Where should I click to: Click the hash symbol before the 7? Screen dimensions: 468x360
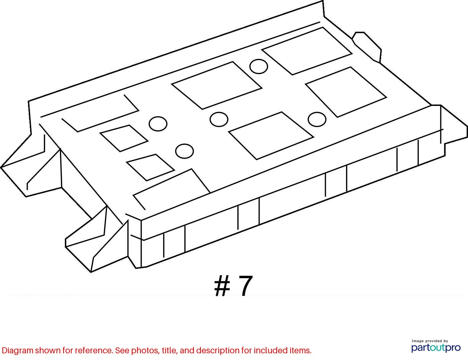222,286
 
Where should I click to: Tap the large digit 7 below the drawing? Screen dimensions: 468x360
245,286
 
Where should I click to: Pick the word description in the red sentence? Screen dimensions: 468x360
218,351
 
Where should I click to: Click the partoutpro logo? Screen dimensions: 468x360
436,348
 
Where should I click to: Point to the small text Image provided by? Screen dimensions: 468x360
430,341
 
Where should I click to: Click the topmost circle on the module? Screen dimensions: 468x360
259,66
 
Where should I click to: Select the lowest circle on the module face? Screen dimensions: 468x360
185,151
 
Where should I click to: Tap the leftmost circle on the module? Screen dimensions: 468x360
158,124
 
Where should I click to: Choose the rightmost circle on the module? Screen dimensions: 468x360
317,119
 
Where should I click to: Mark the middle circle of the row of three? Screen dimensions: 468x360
219,119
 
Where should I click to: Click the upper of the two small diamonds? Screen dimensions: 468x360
124,138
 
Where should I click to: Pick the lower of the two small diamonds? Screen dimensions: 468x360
150,167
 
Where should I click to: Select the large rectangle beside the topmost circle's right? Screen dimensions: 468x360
307,51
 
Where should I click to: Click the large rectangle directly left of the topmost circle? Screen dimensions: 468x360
217,85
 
